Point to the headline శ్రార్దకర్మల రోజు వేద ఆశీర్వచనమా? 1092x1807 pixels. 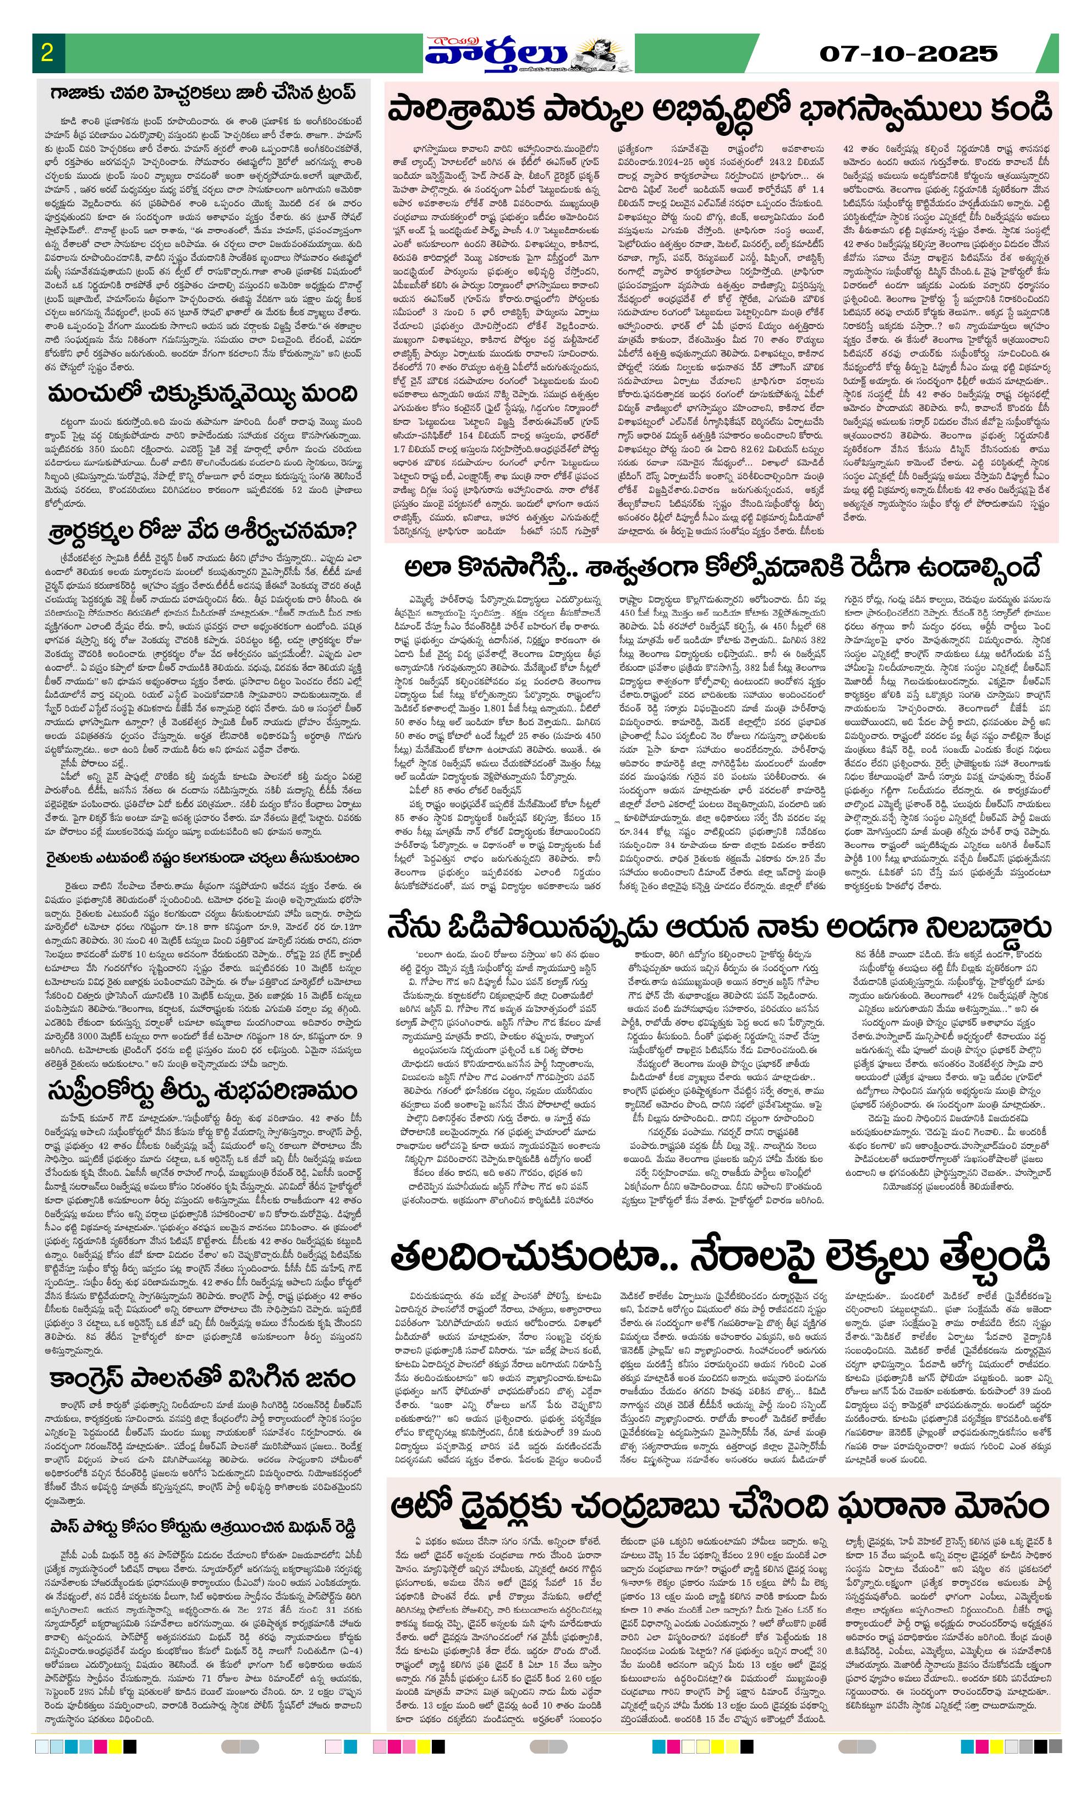click(202, 530)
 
